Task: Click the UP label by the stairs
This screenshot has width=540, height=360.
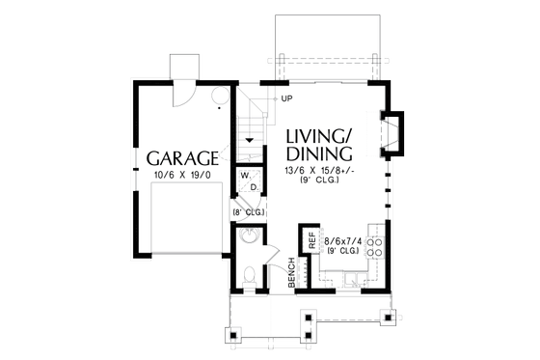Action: point(287,98)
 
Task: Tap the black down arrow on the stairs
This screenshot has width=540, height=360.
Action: point(250,140)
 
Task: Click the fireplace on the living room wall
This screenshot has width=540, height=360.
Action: point(395,134)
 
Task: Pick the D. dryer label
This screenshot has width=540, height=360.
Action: point(253,187)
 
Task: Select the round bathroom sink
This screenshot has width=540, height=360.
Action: point(249,236)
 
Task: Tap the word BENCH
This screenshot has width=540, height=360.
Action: point(290,279)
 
